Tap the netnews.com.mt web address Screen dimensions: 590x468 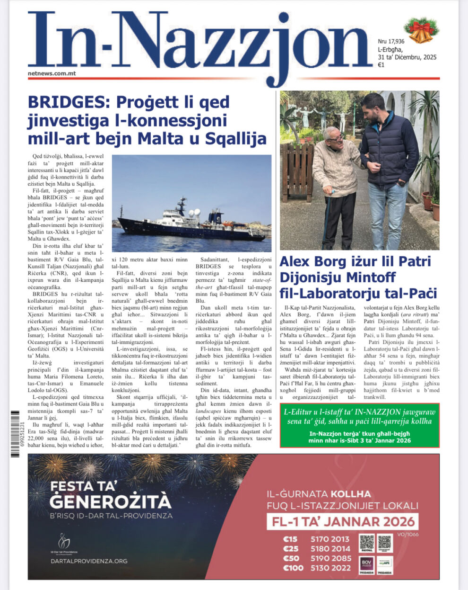click(52, 73)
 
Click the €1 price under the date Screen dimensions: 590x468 click(381, 65)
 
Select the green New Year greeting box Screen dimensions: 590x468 click(359, 425)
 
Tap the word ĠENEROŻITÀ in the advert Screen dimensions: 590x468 click(110, 501)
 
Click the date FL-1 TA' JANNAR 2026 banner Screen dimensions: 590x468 click(342, 522)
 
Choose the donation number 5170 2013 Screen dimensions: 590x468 click(330, 539)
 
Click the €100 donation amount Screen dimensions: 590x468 click(293, 568)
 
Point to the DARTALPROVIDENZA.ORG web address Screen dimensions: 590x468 click(89, 561)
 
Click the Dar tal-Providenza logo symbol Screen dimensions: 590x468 click(64, 540)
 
